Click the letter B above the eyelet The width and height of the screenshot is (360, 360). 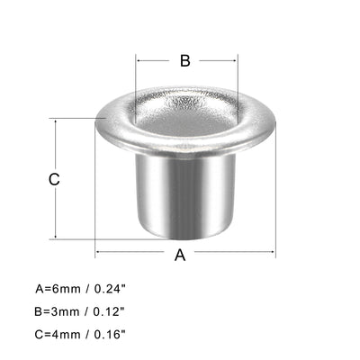tap(184, 61)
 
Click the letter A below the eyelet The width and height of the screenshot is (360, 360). tap(179, 256)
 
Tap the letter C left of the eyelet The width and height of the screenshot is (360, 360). tap(54, 179)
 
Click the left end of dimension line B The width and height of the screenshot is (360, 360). tap(137, 61)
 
